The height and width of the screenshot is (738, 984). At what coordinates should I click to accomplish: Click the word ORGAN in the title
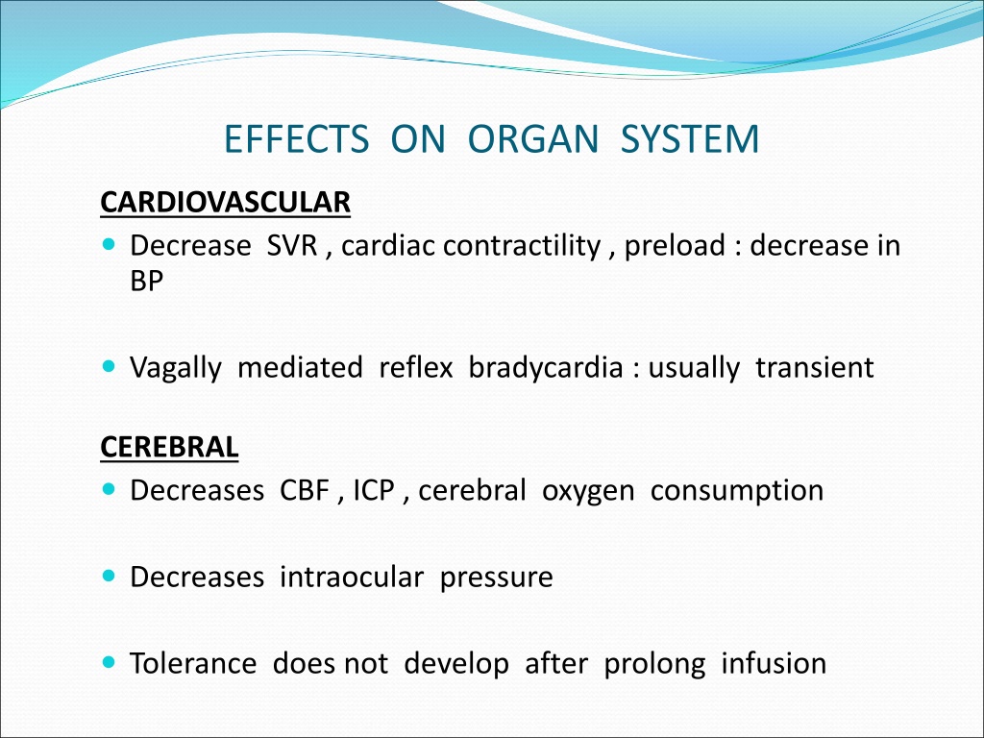(533, 138)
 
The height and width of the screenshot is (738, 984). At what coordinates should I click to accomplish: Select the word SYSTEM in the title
(690, 138)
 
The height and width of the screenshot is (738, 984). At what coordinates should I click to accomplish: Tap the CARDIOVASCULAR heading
(225, 202)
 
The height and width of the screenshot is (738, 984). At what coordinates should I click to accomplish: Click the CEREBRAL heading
(169, 447)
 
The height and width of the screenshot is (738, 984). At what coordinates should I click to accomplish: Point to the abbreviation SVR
(292, 245)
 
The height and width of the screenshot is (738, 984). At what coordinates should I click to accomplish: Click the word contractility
(522, 246)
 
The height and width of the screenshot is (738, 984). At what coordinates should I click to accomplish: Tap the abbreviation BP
(147, 281)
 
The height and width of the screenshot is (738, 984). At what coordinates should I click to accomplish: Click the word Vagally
(176, 368)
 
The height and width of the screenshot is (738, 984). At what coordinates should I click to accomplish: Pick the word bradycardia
(546, 368)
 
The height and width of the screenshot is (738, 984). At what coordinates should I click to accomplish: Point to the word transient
(815, 368)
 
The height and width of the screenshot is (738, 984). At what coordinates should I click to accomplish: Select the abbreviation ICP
(374, 491)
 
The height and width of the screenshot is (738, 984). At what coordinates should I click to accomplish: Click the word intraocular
(352, 577)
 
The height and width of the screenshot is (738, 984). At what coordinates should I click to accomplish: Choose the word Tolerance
(193, 663)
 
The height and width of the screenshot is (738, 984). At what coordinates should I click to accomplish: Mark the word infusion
(774, 663)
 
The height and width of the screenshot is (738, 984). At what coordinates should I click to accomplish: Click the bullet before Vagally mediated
(110, 366)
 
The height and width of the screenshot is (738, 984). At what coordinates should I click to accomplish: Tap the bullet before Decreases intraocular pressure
(110, 575)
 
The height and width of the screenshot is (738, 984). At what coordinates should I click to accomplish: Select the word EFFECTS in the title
(297, 138)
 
